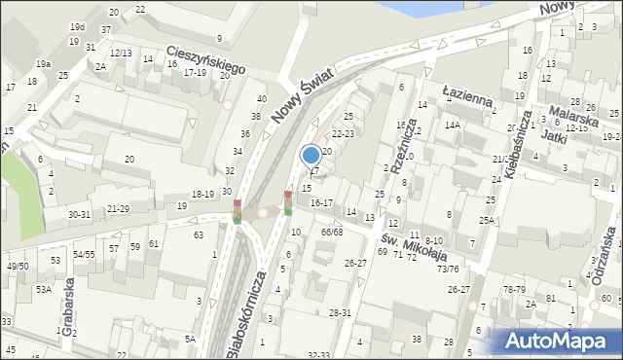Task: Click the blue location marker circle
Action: [x=311, y=155]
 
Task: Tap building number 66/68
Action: [x=331, y=232]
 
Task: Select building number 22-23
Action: [x=343, y=133]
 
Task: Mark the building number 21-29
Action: [x=118, y=208]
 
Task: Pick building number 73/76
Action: [x=448, y=269]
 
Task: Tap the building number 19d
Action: [x=77, y=27]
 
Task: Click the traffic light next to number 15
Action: [x=288, y=202]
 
